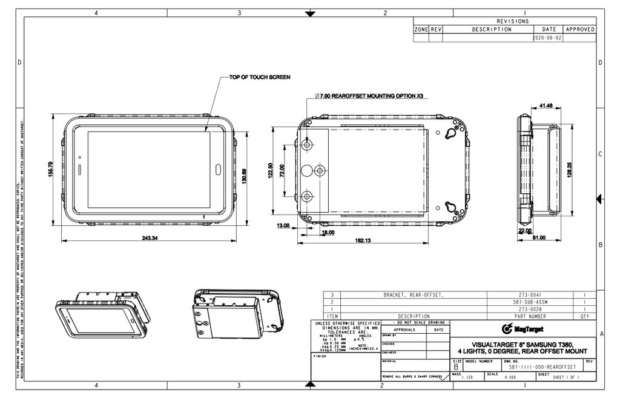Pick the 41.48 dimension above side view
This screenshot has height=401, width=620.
pos(544,105)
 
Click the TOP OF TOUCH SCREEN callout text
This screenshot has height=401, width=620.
pos(259,78)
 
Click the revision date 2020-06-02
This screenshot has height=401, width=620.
pos(547,38)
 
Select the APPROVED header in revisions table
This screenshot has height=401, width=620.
pos(579,29)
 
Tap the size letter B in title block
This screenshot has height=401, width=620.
pos(456,367)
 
